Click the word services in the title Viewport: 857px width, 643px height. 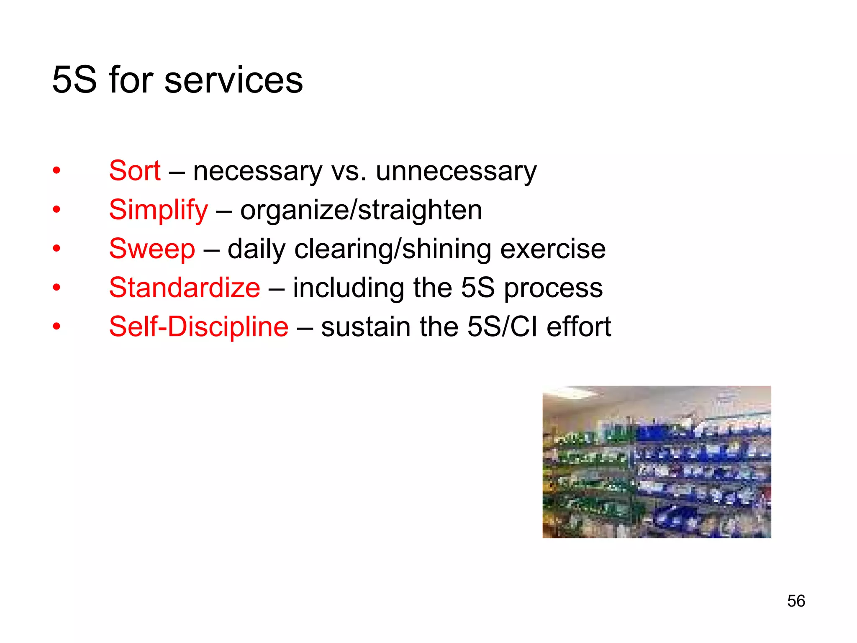(x=233, y=80)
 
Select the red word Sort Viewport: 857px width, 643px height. (x=134, y=171)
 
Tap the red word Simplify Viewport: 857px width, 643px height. (x=158, y=210)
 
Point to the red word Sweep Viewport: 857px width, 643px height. (x=152, y=249)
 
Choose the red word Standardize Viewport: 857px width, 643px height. (x=185, y=288)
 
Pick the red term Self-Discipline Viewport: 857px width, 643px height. (x=199, y=327)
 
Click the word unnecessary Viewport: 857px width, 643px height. (x=456, y=172)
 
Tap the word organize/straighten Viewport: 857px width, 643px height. (x=361, y=210)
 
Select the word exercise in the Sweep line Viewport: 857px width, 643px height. (x=553, y=249)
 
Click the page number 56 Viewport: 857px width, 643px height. (x=796, y=601)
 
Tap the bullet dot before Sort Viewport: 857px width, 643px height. (x=56, y=171)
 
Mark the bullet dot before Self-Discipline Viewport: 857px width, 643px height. (x=56, y=327)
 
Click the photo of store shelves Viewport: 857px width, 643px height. (x=657, y=462)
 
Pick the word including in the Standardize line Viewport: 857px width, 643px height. (x=348, y=288)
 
